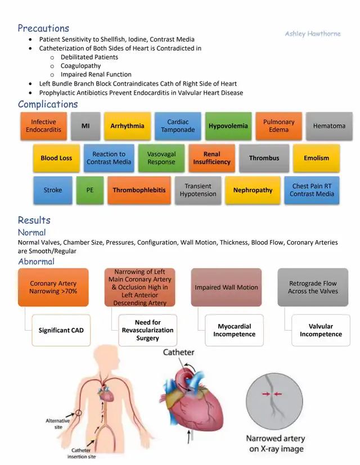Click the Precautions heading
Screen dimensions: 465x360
point(43,28)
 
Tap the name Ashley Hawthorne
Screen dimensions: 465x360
point(312,34)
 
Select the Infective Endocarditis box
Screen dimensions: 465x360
point(43,126)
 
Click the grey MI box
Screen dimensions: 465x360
point(85,126)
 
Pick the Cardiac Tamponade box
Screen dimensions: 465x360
point(178,126)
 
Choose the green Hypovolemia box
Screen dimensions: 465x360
point(228,126)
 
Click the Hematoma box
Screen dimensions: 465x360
point(329,126)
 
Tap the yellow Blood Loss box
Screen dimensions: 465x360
point(56,158)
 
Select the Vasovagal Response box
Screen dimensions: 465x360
point(161,158)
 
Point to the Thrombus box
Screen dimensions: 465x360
point(264,158)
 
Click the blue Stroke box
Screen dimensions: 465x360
point(53,190)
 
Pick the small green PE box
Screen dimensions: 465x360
point(90,190)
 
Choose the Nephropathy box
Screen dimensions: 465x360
point(253,190)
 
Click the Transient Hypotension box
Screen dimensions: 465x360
point(198,190)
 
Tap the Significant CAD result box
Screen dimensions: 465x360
point(61,330)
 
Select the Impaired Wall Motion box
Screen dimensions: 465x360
point(226,287)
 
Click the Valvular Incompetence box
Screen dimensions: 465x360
point(321,330)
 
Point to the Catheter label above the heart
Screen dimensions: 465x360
point(178,353)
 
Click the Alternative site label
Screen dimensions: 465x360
point(57,423)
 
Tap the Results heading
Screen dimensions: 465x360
point(34,220)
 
